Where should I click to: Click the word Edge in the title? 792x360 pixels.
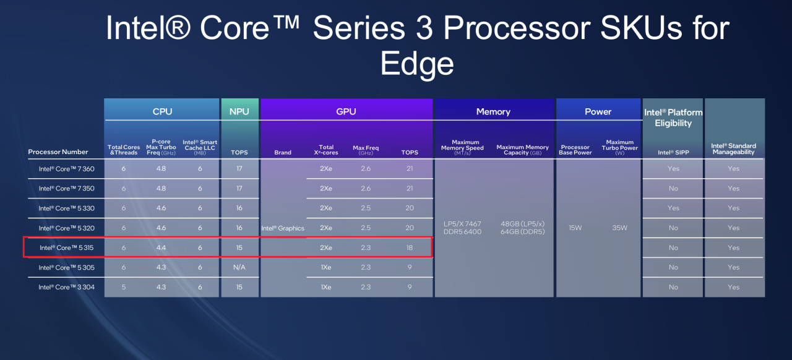(417, 64)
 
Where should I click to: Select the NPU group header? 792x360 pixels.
(239, 111)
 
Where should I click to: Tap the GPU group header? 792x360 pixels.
(346, 111)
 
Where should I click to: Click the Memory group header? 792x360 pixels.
(493, 112)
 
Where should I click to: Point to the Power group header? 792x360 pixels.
(598, 112)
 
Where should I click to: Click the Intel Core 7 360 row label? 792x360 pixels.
(66, 169)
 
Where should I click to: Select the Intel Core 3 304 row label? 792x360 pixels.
(66, 287)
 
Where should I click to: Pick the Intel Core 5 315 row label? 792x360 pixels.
(66, 247)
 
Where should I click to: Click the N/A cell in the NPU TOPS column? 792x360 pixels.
(239, 267)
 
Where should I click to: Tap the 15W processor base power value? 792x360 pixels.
(575, 228)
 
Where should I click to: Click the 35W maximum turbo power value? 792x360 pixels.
(620, 228)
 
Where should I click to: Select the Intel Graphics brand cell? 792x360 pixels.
(283, 228)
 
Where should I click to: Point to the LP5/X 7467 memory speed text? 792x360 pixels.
(462, 224)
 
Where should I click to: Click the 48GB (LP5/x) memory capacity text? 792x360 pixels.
(523, 224)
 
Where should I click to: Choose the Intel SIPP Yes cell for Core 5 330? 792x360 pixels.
(673, 208)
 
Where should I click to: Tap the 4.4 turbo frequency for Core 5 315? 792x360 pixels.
(161, 247)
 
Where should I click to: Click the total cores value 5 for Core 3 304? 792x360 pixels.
(124, 287)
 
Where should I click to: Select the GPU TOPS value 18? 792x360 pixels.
(410, 247)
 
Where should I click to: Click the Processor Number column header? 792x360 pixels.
(58, 152)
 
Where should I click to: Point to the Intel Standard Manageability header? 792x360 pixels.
(733, 149)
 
